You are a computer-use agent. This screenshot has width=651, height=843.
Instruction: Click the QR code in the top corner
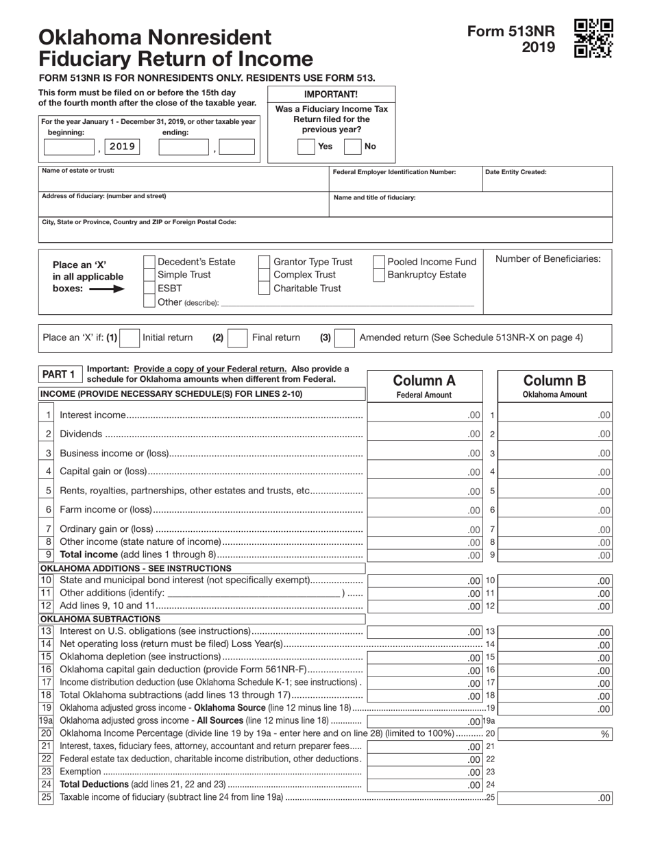(x=593, y=38)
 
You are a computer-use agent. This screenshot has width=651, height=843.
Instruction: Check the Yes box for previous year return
(x=306, y=146)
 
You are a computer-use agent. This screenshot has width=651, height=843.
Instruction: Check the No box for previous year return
(x=352, y=146)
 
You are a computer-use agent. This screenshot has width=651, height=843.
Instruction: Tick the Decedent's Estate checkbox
(x=149, y=262)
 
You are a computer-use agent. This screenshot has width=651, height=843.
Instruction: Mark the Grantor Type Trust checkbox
(x=264, y=262)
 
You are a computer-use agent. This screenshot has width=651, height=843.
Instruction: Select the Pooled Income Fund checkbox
(x=379, y=262)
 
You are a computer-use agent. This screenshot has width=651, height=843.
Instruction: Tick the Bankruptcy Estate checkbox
(x=379, y=275)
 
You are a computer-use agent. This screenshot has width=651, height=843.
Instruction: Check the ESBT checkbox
(x=149, y=288)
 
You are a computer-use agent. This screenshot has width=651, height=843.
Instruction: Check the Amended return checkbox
(x=345, y=337)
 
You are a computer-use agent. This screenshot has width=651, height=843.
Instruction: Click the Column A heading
(x=423, y=381)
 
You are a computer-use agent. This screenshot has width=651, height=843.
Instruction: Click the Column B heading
(x=555, y=381)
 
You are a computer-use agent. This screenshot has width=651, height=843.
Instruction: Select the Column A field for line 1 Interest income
(x=425, y=415)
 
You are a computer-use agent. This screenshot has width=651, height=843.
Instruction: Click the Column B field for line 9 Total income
(x=555, y=555)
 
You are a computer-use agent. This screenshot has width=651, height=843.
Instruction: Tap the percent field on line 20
(x=555, y=733)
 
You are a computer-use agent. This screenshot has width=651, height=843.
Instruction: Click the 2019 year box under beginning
(x=123, y=147)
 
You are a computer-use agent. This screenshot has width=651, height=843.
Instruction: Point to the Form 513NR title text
(x=511, y=32)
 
